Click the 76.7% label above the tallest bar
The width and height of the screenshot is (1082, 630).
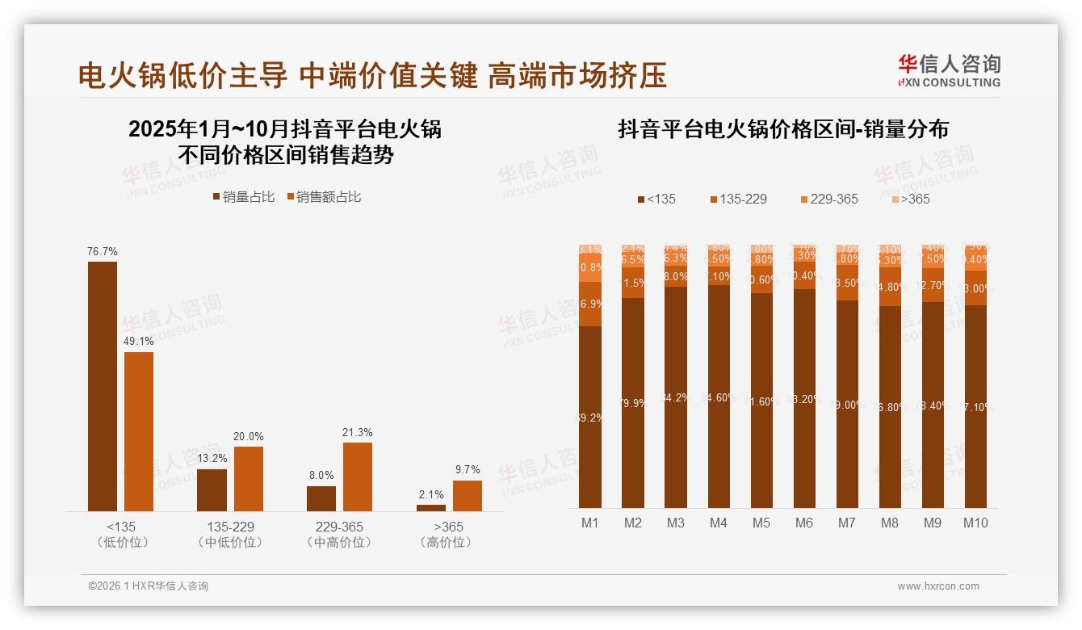pos(103,252)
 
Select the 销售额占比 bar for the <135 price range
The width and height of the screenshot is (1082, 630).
pos(139,431)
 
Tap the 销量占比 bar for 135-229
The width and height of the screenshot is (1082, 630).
pos(212,489)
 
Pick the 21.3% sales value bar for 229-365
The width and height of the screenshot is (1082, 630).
pos(358,477)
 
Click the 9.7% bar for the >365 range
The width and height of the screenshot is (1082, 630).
pos(467,495)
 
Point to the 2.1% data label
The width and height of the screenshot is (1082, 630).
pos(431,494)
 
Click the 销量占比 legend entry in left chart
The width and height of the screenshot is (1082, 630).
pos(243,197)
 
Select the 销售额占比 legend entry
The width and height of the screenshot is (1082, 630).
pos(324,197)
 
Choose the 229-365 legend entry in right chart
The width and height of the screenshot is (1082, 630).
pos(828,199)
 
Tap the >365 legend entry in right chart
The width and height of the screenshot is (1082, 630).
pos(910,199)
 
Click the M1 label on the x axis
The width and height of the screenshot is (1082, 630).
pos(590,523)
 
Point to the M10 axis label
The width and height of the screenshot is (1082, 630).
pos(975,523)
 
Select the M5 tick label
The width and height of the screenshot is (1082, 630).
pos(761,523)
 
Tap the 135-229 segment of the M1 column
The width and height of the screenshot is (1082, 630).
pos(590,304)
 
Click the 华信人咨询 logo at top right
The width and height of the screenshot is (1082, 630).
pos(949,71)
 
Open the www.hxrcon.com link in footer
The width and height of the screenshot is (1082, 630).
pos(938,586)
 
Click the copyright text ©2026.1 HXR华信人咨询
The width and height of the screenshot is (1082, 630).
pos(149,586)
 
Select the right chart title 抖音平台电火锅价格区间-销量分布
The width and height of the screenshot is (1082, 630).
pos(783,129)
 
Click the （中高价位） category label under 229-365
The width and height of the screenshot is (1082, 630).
pos(339,543)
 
